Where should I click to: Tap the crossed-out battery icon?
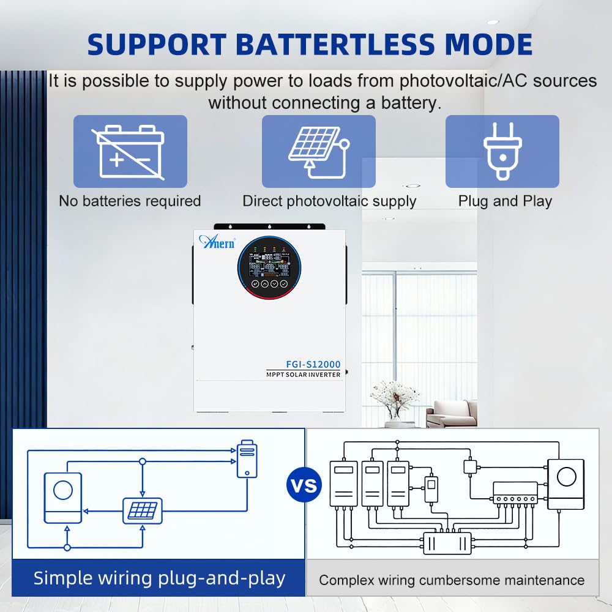tap(130, 152)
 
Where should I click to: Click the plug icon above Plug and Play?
tap(502, 151)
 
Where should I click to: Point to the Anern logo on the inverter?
tap(217, 242)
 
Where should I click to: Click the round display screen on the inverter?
tap(269, 268)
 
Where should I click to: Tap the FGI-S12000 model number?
tap(313, 364)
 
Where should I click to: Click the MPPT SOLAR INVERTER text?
tap(304, 375)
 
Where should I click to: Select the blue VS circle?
tap(304, 485)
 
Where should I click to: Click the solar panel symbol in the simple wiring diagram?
tap(143, 511)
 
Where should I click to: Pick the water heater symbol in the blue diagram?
tap(247, 459)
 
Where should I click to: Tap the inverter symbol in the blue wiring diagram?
tap(63, 498)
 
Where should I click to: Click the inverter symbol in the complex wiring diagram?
tap(566, 484)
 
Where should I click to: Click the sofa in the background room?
tap(452, 414)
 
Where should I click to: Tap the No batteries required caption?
tap(130, 201)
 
